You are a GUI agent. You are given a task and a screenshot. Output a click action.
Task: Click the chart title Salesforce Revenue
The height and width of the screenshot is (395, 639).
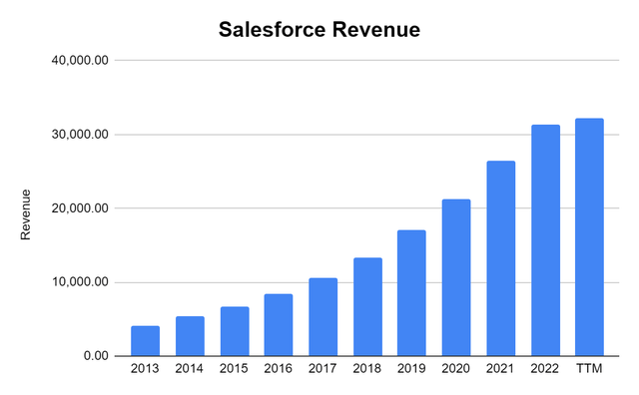(319, 31)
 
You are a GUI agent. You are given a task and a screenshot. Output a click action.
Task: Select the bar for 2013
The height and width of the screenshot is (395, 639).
(145, 341)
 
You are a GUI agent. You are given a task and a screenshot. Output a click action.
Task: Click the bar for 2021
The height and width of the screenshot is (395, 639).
(500, 258)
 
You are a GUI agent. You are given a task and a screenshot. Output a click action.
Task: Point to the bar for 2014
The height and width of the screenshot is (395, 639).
(190, 336)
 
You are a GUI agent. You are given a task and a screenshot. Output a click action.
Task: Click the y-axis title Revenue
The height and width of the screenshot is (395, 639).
(27, 213)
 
